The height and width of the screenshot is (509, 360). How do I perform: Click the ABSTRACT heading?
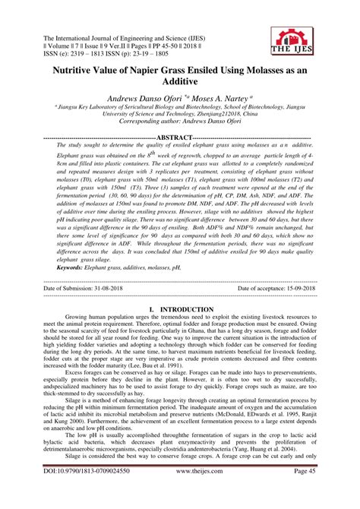click(x=179, y=138)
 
